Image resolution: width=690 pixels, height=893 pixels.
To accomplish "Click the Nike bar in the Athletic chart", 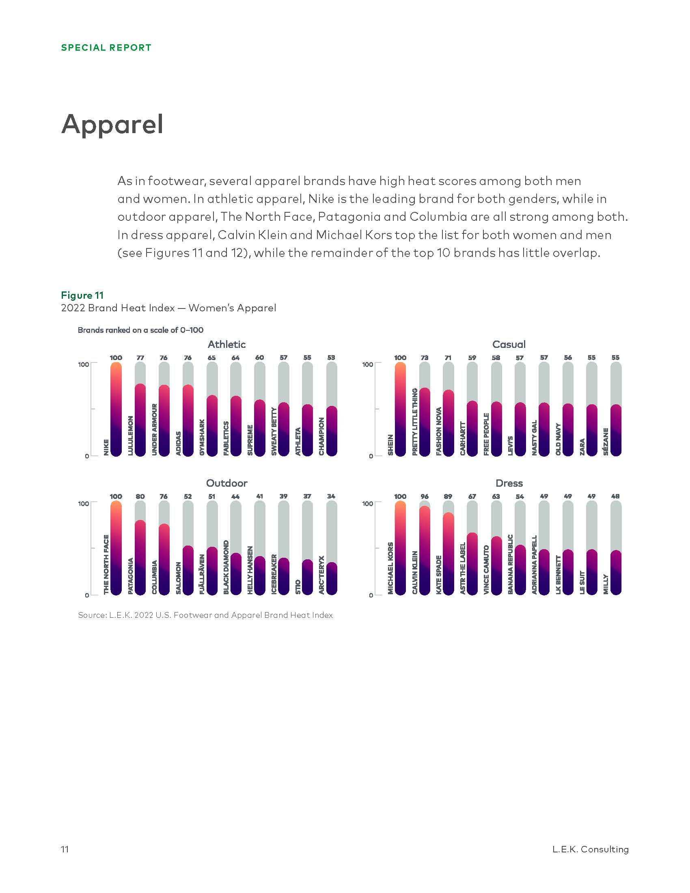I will (116, 409).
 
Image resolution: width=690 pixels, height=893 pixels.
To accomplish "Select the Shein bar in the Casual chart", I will (400, 409).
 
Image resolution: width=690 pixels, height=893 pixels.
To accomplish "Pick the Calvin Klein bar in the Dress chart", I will (424, 550).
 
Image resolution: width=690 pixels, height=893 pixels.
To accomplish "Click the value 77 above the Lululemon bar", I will (140, 358).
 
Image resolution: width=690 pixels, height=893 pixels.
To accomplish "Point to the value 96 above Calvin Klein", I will (424, 496).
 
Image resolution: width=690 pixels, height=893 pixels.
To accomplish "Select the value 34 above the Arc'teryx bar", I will (331, 496).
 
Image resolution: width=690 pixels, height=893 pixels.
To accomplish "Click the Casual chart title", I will (509, 344).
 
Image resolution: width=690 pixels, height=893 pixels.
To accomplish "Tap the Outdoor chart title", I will (226, 483).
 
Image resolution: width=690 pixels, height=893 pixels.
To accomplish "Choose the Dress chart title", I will (509, 483).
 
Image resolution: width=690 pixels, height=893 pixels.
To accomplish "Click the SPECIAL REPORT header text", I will (106, 48).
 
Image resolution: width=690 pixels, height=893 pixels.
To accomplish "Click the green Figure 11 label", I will (82, 295).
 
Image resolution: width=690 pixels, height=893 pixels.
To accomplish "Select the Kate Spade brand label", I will (439, 574).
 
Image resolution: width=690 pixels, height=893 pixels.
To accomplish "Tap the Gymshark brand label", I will (202, 437).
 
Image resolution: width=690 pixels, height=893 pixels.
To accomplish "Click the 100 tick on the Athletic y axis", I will (83, 365).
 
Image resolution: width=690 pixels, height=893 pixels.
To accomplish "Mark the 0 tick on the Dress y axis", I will (371, 595).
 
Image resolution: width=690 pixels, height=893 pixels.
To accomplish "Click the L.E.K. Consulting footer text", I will (590, 849).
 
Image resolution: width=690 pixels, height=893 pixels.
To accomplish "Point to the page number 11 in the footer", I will (65, 849).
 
